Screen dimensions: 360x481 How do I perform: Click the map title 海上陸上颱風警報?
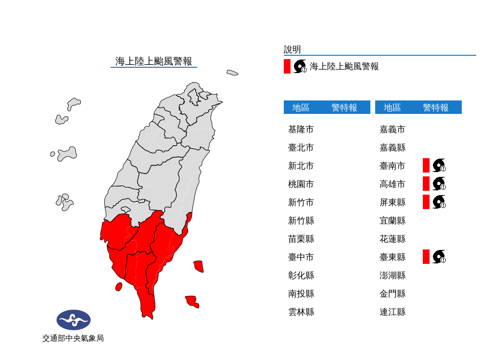pos(153,61)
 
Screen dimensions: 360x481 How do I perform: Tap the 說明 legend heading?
pos(292,50)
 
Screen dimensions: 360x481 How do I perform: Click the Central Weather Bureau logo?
pos(73,320)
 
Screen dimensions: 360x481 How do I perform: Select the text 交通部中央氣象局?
pos(73,338)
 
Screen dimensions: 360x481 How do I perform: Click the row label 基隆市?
pos(301,129)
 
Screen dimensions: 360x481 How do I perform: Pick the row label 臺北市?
pos(301,148)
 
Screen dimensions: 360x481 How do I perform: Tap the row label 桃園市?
pos(301,184)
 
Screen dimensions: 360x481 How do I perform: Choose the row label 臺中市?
pos(301,257)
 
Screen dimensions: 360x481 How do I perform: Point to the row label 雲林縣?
pos(301,312)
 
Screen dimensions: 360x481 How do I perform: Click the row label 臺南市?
pos(392,166)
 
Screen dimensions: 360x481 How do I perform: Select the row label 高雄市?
pos(392,184)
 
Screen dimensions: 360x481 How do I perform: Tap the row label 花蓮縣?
pos(392,239)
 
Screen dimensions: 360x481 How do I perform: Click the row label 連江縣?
pos(392,312)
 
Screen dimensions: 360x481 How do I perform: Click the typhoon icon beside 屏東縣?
pos(439,202)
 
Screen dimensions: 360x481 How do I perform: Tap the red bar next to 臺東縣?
pos(426,257)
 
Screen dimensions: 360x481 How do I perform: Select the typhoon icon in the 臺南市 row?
pos(439,165)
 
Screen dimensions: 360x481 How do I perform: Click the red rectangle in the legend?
pos(287,66)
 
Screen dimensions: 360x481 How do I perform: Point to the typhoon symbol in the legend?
pos(300,66)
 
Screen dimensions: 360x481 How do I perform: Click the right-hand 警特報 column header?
pos(435,108)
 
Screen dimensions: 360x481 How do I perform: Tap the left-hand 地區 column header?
pos(301,108)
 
